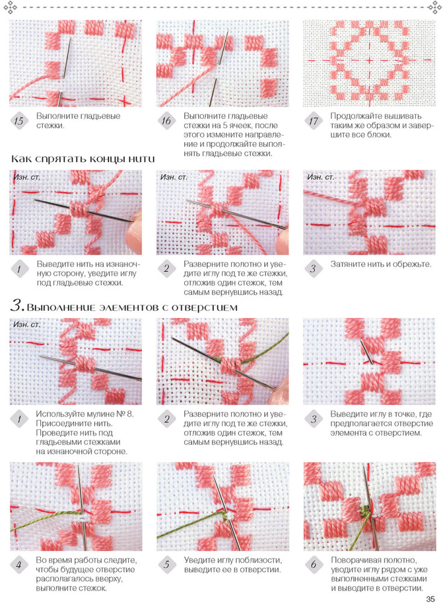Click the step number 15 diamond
(19, 120)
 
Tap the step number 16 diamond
(166, 120)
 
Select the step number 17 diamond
(314, 121)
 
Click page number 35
(430, 598)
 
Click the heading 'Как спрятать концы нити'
(83, 158)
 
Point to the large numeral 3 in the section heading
(16, 305)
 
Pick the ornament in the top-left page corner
(10, 7)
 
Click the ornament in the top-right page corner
(435, 7)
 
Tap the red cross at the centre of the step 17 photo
(369, 60)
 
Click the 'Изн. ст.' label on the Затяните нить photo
(320, 177)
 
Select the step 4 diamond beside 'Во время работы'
(19, 564)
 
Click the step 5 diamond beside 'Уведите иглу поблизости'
(166, 564)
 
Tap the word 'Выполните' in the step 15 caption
(55, 116)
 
